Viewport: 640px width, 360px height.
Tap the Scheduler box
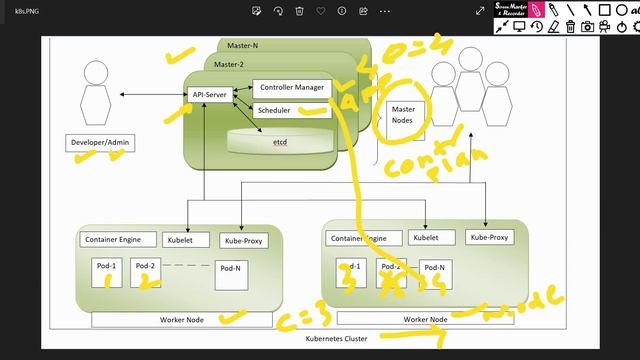[x=274, y=110]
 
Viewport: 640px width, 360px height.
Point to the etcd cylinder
[x=280, y=142]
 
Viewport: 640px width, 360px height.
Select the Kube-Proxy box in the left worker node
[x=243, y=241]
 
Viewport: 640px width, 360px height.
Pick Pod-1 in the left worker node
[x=106, y=272]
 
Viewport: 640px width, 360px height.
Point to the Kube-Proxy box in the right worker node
[x=488, y=238]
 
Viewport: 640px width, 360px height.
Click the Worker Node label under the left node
[x=182, y=320]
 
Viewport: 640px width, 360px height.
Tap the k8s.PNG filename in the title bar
[x=21, y=11]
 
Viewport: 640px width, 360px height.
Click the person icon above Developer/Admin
[x=96, y=88]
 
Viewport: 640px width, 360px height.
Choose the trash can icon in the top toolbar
[x=300, y=11]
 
